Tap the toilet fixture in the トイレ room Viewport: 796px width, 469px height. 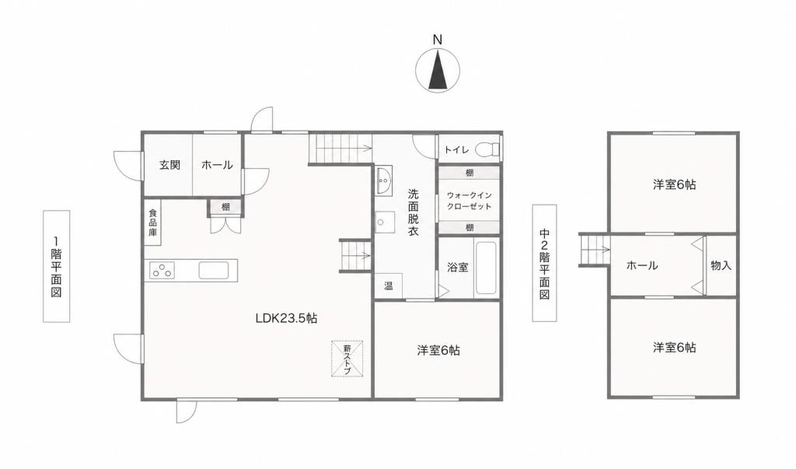(487, 150)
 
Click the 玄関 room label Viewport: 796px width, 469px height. (169, 165)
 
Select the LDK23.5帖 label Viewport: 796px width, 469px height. (286, 319)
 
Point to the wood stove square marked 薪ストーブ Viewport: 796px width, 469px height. (347, 359)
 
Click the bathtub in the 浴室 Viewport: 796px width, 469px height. (485, 268)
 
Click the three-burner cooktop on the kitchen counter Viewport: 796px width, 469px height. (162, 271)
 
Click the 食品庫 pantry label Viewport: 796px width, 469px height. (153, 222)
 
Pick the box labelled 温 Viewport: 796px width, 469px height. (389, 285)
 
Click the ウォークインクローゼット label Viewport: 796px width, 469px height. (469, 201)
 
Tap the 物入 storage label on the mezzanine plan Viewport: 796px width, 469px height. (721, 265)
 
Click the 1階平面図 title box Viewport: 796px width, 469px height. (56, 266)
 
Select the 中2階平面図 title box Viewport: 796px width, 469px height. (544, 263)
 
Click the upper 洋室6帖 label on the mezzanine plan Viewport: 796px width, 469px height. (674, 184)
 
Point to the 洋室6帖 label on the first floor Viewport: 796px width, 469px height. (438, 351)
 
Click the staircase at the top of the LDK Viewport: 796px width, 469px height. (340, 149)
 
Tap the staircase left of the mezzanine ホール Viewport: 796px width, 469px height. (595, 249)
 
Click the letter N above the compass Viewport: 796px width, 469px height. (438, 40)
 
